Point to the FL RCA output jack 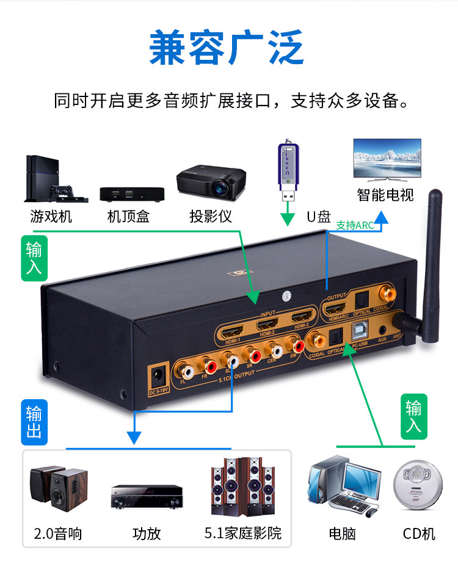pos(183,369)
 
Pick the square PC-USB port pos(358,331)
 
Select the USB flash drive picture pos(288,171)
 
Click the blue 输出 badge pos(34,422)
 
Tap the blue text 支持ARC pos(355,225)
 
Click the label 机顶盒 pos(128,216)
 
